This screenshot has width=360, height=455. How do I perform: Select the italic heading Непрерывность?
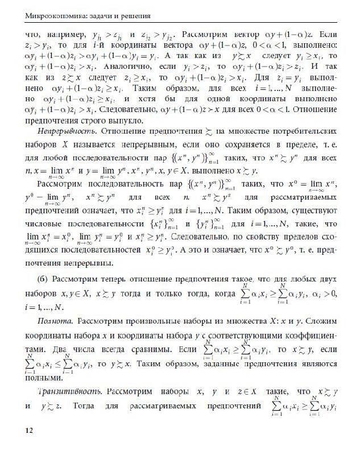tap(62, 131)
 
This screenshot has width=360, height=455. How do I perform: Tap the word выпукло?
tap(128, 119)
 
